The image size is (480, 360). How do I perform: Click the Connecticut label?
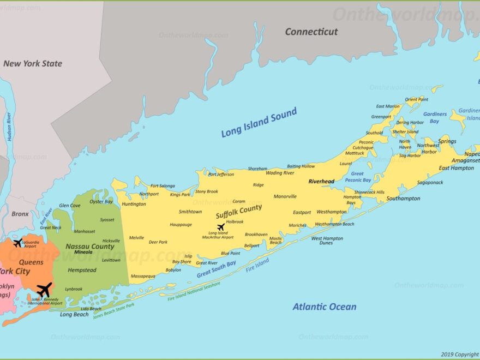pyautogui.click(x=311, y=32)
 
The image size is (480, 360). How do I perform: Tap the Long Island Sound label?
pyautogui.click(x=259, y=123)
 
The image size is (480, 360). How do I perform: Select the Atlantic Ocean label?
pyautogui.click(x=325, y=307)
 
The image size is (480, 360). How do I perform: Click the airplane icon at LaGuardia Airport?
pyautogui.click(x=18, y=242)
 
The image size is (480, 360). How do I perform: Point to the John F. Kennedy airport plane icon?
pyautogui.click(x=44, y=290)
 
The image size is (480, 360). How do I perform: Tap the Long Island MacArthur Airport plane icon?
pyautogui.click(x=220, y=227)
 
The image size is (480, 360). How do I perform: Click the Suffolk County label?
pyautogui.click(x=238, y=212)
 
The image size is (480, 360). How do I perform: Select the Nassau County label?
pyautogui.click(x=90, y=247)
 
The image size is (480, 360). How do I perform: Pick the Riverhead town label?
pyautogui.click(x=321, y=182)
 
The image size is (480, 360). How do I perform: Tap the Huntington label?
pyautogui.click(x=134, y=204)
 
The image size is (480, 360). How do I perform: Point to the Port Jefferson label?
pyautogui.click(x=221, y=175)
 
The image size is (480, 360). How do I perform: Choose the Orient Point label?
pyautogui.click(x=416, y=99)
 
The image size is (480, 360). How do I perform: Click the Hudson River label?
pyautogui.click(x=9, y=127)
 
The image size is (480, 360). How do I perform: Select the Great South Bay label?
pyautogui.click(x=217, y=269)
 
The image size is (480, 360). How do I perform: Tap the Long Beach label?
pyautogui.click(x=74, y=315)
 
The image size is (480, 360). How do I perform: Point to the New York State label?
pyautogui.click(x=33, y=63)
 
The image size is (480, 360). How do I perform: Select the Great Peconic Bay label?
pyautogui.click(x=357, y=177)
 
